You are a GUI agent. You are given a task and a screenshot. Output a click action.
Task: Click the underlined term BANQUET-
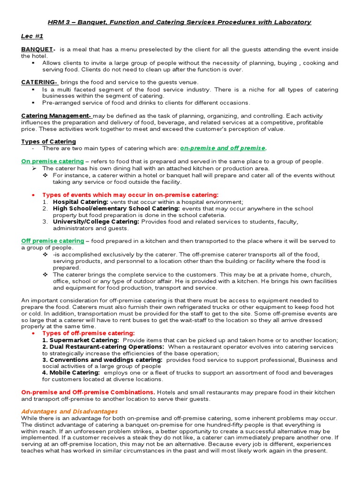38,50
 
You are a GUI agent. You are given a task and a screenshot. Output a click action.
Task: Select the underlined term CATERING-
39,82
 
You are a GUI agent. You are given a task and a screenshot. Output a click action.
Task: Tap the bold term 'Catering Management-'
56,116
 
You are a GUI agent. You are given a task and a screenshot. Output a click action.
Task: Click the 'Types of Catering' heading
49,142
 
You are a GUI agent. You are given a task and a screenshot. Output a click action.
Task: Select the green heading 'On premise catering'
52,161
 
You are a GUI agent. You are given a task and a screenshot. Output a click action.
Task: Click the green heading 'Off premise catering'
52,241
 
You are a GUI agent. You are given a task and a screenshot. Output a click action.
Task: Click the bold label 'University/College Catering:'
96,222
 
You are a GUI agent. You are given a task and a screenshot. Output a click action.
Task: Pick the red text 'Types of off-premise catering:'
89,333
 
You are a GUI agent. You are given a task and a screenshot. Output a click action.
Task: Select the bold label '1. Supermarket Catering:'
81,340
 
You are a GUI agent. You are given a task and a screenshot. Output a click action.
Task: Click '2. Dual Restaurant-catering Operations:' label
103,347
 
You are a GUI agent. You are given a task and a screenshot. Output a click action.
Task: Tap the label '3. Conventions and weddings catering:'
102,360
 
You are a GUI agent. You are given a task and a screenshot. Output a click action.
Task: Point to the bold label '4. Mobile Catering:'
71,373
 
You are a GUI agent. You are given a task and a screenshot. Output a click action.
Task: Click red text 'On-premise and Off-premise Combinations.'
88,392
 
